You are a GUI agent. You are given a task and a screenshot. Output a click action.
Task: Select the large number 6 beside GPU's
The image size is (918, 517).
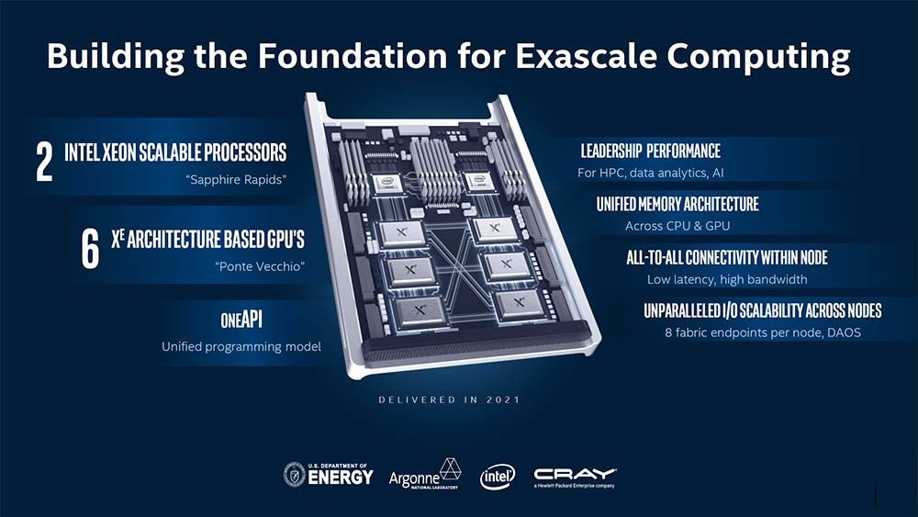90,249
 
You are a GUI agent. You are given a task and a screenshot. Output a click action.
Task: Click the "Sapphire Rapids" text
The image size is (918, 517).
235,179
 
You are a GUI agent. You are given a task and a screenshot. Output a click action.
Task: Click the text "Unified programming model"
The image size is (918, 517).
241,347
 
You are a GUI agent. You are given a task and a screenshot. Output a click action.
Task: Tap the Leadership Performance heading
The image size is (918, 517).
650,151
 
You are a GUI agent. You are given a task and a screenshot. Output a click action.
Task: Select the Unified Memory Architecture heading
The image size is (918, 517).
677,203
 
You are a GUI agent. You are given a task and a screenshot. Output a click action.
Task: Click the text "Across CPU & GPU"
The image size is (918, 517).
677,226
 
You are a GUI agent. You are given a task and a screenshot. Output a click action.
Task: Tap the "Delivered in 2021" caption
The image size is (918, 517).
450,400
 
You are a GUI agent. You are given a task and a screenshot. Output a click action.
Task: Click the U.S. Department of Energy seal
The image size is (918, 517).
295,474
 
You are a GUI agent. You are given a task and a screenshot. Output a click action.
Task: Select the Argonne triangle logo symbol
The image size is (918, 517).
450,468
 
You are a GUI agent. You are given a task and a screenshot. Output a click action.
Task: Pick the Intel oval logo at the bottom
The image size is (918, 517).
498,477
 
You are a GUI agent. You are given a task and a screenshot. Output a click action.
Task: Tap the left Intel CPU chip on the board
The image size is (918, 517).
386,181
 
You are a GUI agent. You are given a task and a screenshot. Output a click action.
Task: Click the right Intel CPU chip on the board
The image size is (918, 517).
480,181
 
